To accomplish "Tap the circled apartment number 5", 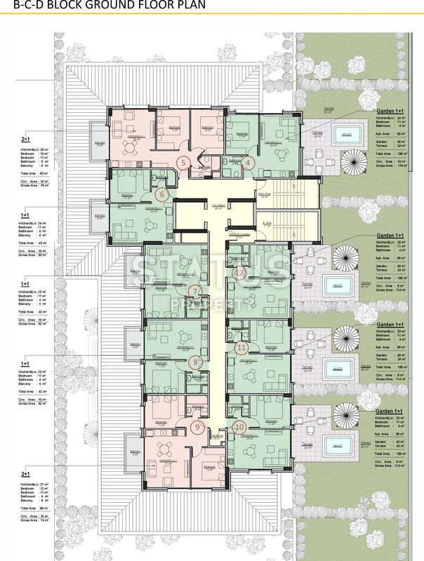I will (x=183, y=163).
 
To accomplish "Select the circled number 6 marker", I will (x=162, y=194).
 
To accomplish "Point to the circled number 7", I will (x=196, y=291).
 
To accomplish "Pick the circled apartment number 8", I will (x=197, y=362).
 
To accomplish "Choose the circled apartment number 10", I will (x=239, y=426).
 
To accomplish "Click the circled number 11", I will (x=242, y=346).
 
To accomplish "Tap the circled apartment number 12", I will (x=239, y=273).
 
